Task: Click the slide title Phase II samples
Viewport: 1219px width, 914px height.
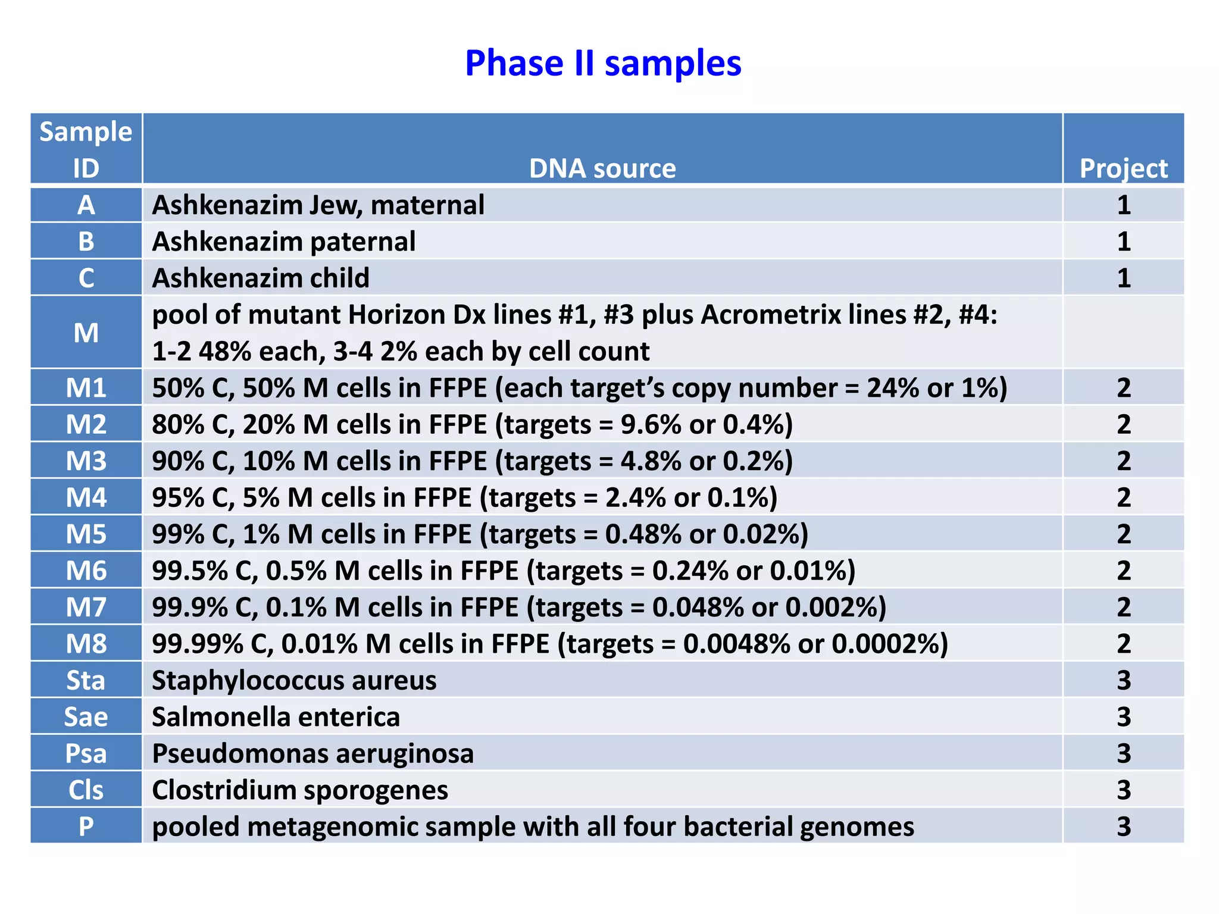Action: (x=603, y=63)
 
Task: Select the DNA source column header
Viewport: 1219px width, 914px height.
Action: (x=602, y=168)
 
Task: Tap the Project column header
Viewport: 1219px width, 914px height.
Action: (x=1123, y=168)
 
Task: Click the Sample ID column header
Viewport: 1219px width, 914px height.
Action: (x=86, y=149)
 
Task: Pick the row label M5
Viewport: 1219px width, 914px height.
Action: (x=86, y=534)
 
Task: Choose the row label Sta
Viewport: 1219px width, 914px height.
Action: (x=86, y=680)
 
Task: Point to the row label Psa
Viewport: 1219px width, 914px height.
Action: (x=86, y=753)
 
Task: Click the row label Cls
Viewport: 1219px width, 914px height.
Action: (x=86, y=790)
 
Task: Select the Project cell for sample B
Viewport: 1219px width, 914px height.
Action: (x=1123, y=242)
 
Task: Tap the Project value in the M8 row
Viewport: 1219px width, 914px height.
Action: (x=1123, y=644)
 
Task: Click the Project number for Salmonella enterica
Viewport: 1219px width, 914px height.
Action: (x=1123, y=717)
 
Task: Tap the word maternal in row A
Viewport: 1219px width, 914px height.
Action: (x=427, y=205)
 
